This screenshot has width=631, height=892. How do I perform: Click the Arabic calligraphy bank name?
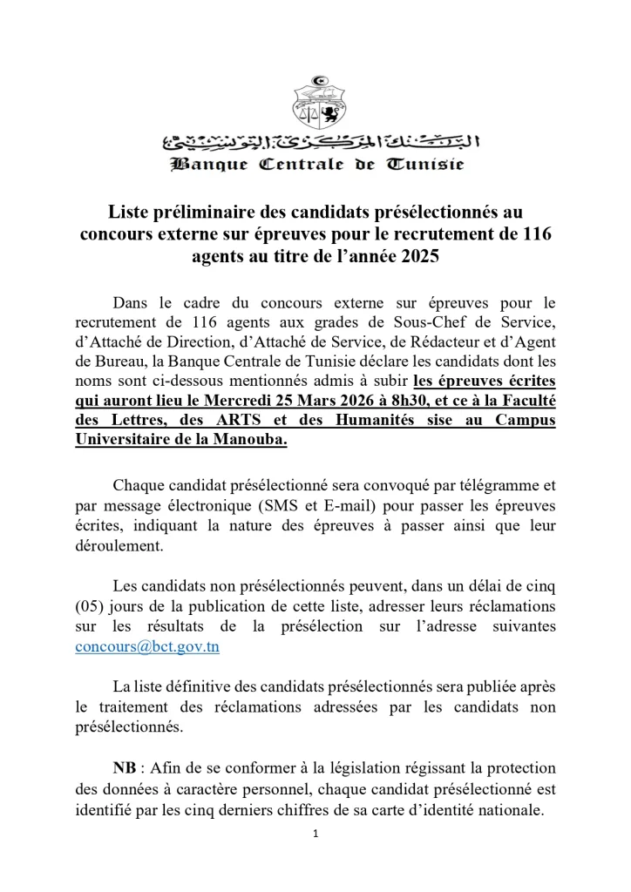(x=315, y=143)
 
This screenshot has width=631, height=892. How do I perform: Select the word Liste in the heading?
(x=130, y=212)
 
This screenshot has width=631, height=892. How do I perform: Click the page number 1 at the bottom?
(x=315, y=834)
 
